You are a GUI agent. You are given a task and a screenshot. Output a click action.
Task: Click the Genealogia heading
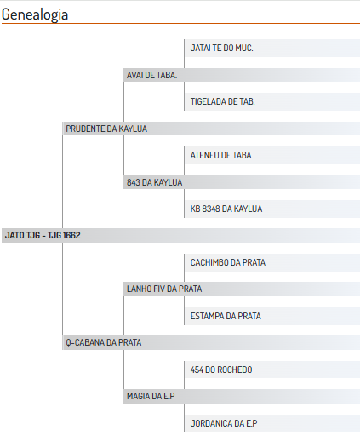point(35,14)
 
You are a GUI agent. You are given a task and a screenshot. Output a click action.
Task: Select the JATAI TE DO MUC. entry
point(221,48)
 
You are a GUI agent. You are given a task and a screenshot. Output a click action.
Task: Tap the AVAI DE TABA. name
point(151,75)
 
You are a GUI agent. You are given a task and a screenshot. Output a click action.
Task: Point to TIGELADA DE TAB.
point(222,101)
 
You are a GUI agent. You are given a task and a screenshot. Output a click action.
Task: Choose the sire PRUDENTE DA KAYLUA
point(106,129)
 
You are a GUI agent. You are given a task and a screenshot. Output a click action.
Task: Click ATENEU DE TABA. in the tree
point(221,155)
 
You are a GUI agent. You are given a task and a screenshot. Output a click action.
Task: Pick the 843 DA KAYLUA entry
point(155,182)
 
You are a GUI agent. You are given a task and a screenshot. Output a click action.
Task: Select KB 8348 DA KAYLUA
point(226,209)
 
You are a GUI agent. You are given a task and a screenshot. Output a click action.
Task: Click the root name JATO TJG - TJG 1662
point(43,236)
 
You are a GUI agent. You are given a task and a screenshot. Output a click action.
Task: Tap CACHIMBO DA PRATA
point(228,262)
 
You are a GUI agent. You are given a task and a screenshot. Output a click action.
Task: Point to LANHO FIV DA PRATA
point(164,289)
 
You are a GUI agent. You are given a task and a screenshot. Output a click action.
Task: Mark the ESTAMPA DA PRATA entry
point(226,316)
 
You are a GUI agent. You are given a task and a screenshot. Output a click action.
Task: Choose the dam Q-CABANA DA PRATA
point(104,342)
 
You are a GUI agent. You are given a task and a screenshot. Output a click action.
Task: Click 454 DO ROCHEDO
point(221,370)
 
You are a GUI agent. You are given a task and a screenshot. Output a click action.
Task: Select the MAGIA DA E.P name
point(151,396)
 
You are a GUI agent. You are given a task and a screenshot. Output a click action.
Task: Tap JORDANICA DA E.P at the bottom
point(224,424)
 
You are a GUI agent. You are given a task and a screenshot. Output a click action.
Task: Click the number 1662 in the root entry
point(71,236)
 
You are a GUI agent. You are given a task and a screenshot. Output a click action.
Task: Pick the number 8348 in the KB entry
point(211,209)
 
